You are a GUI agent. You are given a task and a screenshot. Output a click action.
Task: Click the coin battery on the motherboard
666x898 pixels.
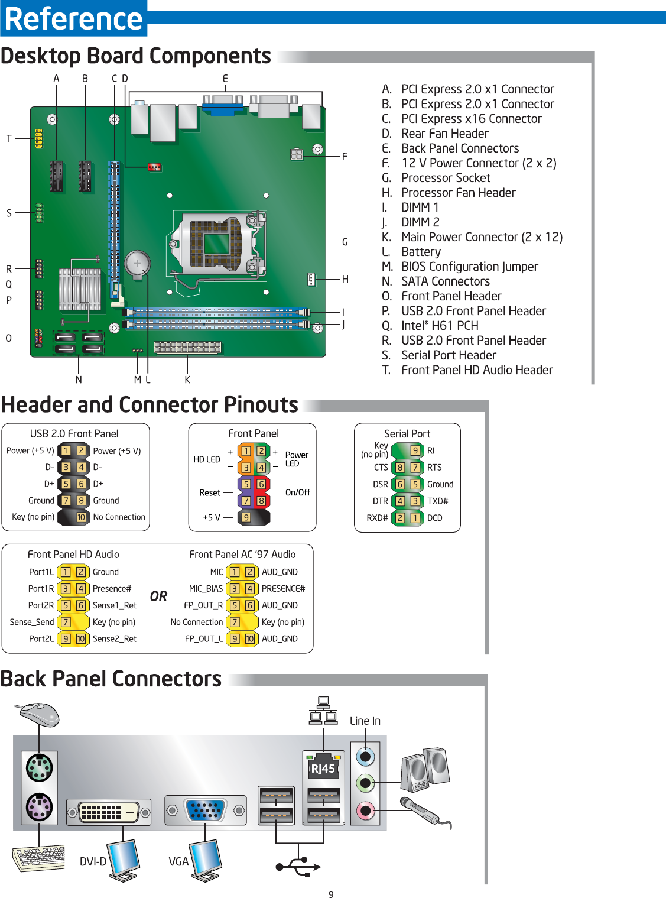(137, 264)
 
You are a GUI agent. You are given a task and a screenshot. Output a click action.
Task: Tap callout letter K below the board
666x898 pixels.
(187, 380)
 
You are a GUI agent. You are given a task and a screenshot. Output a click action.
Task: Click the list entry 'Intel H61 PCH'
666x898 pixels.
(440, 326)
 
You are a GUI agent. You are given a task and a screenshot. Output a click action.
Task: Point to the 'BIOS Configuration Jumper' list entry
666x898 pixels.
(469, 267)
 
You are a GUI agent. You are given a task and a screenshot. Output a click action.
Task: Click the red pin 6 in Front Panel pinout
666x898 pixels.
(261, 484)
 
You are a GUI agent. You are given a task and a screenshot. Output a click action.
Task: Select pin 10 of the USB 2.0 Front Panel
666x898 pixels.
(81, 517)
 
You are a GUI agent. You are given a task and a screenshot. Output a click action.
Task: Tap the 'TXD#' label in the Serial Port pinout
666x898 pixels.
(438, 501)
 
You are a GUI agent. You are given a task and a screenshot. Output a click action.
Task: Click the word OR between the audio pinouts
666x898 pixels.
(158, 596)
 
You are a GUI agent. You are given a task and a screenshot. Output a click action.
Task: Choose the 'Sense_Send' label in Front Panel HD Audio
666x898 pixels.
(32, 622)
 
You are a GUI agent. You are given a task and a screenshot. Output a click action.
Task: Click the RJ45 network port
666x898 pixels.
(323, 768)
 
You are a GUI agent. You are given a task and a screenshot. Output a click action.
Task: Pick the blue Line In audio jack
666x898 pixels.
(366, 756)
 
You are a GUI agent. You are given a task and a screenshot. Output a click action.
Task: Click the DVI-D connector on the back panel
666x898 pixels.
(109, 812)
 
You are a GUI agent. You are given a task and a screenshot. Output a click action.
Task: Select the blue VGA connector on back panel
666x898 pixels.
(205, 810)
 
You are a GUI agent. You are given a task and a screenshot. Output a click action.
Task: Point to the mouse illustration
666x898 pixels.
(39, 714)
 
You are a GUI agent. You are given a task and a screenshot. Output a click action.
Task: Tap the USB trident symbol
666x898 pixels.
(298, 867)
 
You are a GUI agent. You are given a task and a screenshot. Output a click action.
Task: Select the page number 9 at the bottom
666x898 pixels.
(331, 894)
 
